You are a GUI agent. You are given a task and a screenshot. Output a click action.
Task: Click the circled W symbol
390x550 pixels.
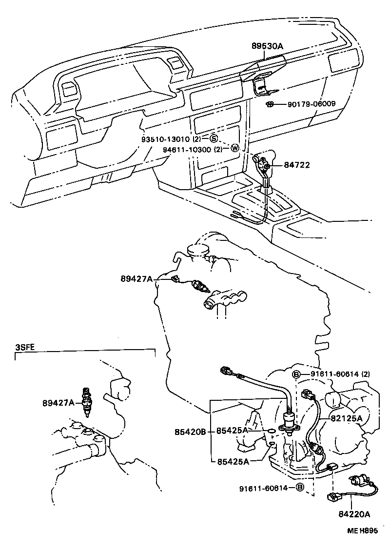click(234, 149)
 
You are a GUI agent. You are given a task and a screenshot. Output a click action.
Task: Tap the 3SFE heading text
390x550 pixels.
click(24, 347)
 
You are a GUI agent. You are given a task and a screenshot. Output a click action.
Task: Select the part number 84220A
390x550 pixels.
click(353, 513)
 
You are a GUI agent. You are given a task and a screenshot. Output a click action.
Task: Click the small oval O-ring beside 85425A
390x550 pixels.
click(270, 431)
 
